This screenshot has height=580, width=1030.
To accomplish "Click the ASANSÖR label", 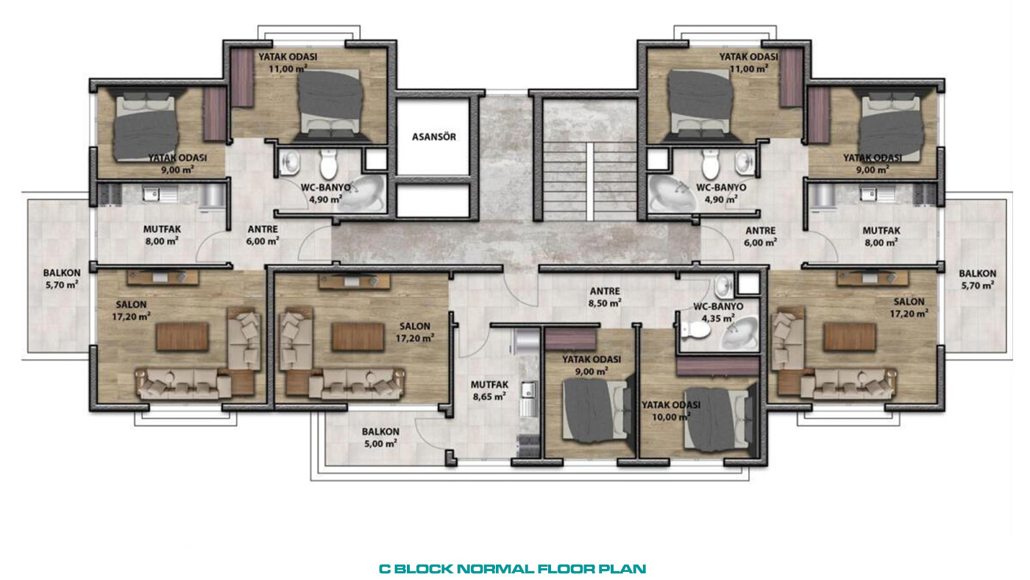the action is pos(433,137).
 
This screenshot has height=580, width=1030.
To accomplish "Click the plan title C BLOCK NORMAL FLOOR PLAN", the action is pos(512,569).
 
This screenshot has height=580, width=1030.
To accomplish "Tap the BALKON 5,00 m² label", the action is pos(380,437).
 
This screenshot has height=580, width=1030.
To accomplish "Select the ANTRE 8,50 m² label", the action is pos(605,297).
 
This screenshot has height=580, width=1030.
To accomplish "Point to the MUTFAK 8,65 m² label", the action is pos(489,390).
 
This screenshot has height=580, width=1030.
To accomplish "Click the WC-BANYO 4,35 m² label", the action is pos(718,312).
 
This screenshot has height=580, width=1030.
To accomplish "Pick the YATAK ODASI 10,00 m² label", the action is pos(671,411).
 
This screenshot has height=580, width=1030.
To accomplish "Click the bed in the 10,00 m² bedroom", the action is pos(720,417).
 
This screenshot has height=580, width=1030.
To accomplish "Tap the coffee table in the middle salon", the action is pos(358,336).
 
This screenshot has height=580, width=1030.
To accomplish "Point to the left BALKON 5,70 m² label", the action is pos(62,279).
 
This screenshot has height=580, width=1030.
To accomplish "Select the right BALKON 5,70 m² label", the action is pos(977,280).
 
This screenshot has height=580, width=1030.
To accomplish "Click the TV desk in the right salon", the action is pos(873,277).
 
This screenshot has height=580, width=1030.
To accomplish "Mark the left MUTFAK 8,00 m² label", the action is pos(162,235).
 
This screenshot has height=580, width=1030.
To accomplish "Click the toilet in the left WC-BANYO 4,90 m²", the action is pos(329,164).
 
